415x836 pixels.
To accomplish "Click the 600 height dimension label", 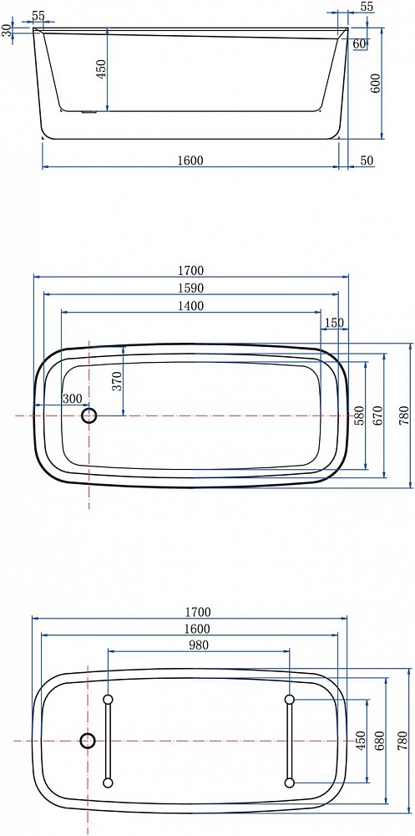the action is (x=375, y=83).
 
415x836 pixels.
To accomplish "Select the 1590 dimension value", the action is (x=191, y=288).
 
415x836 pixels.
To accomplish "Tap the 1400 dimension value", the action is (x=191, y=306).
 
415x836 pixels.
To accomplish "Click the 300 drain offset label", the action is (x=72, y=398).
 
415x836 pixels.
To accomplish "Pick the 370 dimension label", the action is (x=117, y=380).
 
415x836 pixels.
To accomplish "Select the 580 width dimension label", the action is (x=358, y=415).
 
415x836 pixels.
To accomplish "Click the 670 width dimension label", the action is (x=377, y=415).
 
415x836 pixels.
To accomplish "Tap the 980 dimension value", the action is (x=199, y=645).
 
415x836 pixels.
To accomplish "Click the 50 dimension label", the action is (x=367, y=160).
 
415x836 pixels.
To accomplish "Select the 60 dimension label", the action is (x=359, y=44).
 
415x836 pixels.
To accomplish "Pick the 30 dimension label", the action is (x=7, y=30).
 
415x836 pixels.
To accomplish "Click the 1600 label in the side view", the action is (x=190, y=160).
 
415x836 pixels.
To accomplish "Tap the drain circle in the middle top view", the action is (x=89, y=415).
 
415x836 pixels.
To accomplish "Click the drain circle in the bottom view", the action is (x=88, y=740).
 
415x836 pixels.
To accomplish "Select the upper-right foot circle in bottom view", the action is (x=290, y=699).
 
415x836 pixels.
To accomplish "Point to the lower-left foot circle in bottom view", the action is (x=109, y=782).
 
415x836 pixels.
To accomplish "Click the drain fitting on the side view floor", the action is (x=89, y=112).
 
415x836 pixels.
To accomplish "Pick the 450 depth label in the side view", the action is (x=101, y=69).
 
